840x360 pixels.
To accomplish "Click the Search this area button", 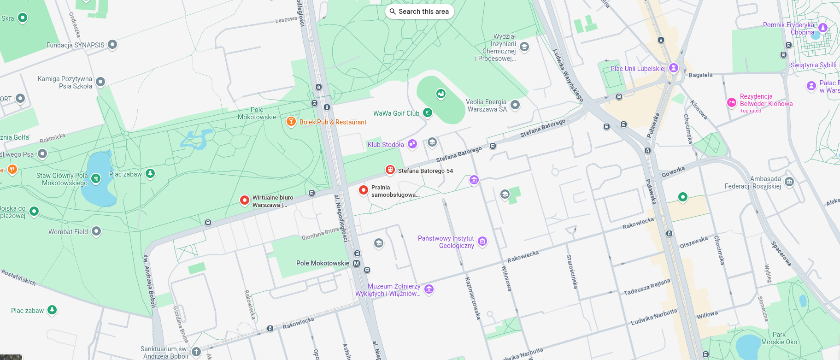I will (x=419, y=12).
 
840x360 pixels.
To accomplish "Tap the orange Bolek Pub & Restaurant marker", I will (x=291, y=122).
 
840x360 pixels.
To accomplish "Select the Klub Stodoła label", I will (x=386, y=145).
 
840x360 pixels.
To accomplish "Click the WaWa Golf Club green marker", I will (x=428, y=112).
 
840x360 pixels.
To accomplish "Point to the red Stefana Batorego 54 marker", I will (x=390, y=170).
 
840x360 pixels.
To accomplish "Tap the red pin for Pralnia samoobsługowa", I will (x=364, y=189).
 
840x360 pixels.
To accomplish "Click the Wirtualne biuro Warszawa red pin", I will (x=245, y=200).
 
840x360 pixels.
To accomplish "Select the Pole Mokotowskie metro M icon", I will (x=356, y=264).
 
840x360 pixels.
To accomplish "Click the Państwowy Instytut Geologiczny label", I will (x=446, y=242).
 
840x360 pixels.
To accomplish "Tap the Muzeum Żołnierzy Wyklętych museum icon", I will (x=429, y=289).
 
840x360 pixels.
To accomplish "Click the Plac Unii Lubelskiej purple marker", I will (x=674, y=68).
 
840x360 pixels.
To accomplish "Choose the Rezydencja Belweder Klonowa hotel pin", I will (x=731, y=102).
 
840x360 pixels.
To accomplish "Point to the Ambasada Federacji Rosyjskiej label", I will (x=752, y=183).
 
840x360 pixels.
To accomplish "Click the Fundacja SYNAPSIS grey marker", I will (x=112, y=45).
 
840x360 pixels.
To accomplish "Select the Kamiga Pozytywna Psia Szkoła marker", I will (x=100, y=82).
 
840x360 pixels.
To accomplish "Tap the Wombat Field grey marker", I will (x=96, y=231).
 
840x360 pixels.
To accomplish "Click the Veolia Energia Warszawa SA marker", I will (x=515, y=105).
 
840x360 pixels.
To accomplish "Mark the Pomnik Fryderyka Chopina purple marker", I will (x=823, y=28).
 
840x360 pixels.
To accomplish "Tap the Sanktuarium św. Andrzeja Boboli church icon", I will (x=196, y=352).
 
